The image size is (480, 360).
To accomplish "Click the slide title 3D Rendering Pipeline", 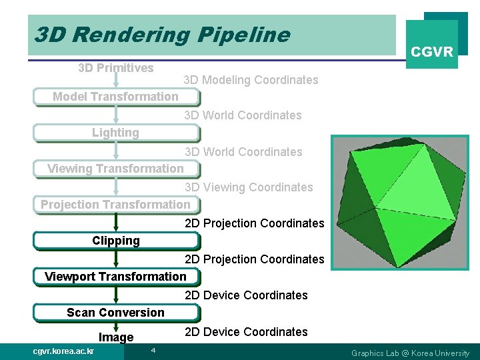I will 162,35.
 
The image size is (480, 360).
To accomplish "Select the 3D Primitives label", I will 116,67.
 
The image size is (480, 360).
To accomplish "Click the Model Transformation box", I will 116,97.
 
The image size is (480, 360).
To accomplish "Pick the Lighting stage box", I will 116,133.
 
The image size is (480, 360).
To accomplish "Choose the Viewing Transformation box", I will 116,169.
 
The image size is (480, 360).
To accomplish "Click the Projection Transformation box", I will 116,205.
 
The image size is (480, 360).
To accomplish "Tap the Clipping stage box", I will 116,241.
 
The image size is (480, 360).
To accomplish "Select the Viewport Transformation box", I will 116,277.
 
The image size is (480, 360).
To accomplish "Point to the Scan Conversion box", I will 116,313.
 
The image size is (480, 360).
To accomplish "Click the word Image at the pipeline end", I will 116,337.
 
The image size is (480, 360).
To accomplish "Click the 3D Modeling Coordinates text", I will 251,80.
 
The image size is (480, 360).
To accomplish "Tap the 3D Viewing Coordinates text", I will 249,187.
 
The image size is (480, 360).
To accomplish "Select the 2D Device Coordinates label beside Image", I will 246,332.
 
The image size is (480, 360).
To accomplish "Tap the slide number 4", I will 153,351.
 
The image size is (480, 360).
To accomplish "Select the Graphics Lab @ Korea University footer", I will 410,353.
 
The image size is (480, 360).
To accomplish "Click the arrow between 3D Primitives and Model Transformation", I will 116,81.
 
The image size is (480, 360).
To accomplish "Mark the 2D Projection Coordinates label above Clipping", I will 254,223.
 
